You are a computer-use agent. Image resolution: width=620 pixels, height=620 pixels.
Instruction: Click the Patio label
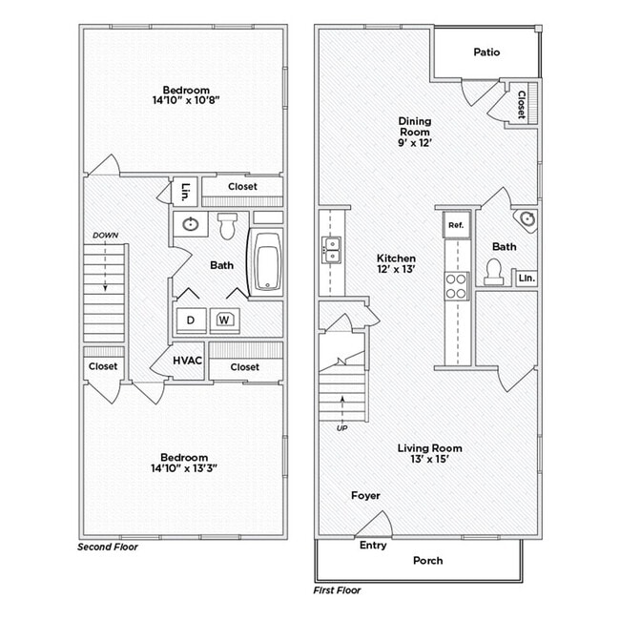[x=486, y=52]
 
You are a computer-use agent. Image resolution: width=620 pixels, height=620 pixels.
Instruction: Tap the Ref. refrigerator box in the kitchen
[x=456, y=225]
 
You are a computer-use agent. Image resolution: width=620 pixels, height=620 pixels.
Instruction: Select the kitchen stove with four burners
[x=457, y=286]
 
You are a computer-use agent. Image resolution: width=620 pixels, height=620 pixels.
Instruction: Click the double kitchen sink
[x=332, y=250]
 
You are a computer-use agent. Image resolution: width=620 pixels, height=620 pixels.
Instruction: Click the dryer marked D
[x=191, y=320]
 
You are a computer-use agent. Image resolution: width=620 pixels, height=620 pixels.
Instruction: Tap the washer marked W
[x=225, y=320]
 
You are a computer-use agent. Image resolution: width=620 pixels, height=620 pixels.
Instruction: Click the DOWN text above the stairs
[x=105, y=235]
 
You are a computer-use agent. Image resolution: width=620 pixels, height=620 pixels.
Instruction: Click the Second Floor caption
[x=107, y=548]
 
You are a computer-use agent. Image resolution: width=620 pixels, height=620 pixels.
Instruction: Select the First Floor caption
[x=338, y=590]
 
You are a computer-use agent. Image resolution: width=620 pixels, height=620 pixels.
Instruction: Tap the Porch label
[x=428, y=561]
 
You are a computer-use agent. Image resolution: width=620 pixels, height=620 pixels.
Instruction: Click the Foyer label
[x=365, y=496]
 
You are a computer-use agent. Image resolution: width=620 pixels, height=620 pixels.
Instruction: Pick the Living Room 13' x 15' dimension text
[x=429, y=459]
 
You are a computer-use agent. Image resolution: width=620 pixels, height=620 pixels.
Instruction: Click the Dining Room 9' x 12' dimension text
[x=415, y=142]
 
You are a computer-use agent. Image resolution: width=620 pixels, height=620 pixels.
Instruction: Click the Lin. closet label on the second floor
[x=184, y=190]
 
